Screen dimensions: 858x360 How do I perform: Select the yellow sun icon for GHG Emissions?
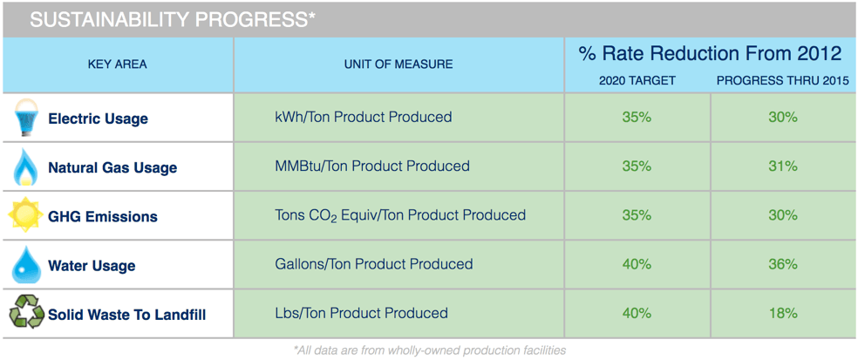pos(25,216)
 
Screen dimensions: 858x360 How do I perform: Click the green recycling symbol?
pos(25,314)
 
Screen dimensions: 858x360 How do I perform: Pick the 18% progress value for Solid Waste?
pos(783,314)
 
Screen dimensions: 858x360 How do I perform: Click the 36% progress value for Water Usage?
pos(783,264)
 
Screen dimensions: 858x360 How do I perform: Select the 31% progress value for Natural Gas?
pos(783,166)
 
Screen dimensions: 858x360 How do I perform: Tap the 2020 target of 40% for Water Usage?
pos(637,264)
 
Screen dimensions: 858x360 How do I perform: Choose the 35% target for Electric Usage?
pos(637,117)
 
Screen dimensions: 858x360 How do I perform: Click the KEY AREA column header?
pos(117,65)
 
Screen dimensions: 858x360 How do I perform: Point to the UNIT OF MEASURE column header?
pos(398,65)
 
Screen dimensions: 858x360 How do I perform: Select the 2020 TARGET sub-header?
pos(637,81)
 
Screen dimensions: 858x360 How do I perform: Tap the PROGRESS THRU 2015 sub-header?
pos(783,81)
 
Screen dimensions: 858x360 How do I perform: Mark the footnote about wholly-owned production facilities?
pos(429,350)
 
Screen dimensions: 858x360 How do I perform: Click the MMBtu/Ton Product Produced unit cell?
pos(372,166)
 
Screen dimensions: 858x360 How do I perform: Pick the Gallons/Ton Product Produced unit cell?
pos(374,264)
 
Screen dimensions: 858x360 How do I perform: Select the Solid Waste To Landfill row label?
pos(127,316)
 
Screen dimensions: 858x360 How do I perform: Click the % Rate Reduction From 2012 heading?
pos(710,54)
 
